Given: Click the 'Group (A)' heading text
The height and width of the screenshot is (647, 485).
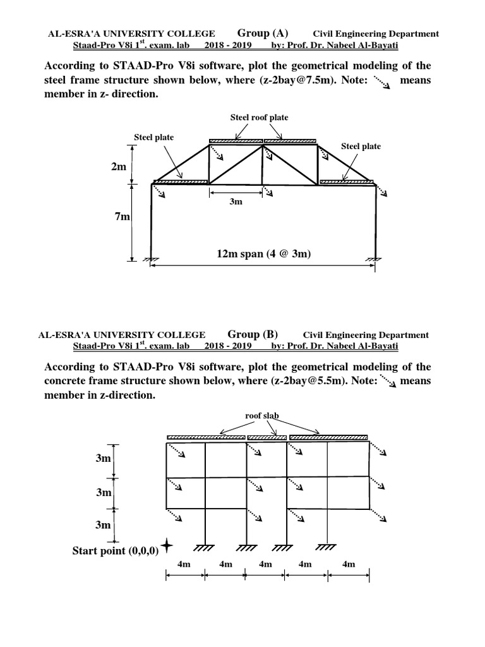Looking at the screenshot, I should click(x=263, y=33).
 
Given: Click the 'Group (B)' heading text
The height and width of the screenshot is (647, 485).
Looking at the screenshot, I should click(x=253, y=335).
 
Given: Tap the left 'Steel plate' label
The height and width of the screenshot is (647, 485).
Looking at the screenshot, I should click(x=153, y=137).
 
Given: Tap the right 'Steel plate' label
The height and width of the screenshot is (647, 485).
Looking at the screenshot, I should click(x=361, y=147).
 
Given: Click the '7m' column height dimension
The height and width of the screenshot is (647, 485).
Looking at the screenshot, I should click(x=122, y=217).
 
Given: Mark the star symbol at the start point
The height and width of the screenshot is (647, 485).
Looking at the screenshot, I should click(x=167, y=545).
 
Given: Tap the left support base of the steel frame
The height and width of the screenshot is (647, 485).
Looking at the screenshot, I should click(x=151, y=258).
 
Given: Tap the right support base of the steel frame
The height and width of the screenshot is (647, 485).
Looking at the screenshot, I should click(x=376, y=258).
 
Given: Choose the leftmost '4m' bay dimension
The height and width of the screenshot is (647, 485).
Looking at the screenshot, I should click(x=185, y=564).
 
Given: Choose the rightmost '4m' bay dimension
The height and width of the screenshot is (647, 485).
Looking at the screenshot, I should click(x=347, y=564).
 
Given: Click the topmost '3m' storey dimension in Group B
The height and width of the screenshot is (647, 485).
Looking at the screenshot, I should click(x=103, y=459).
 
